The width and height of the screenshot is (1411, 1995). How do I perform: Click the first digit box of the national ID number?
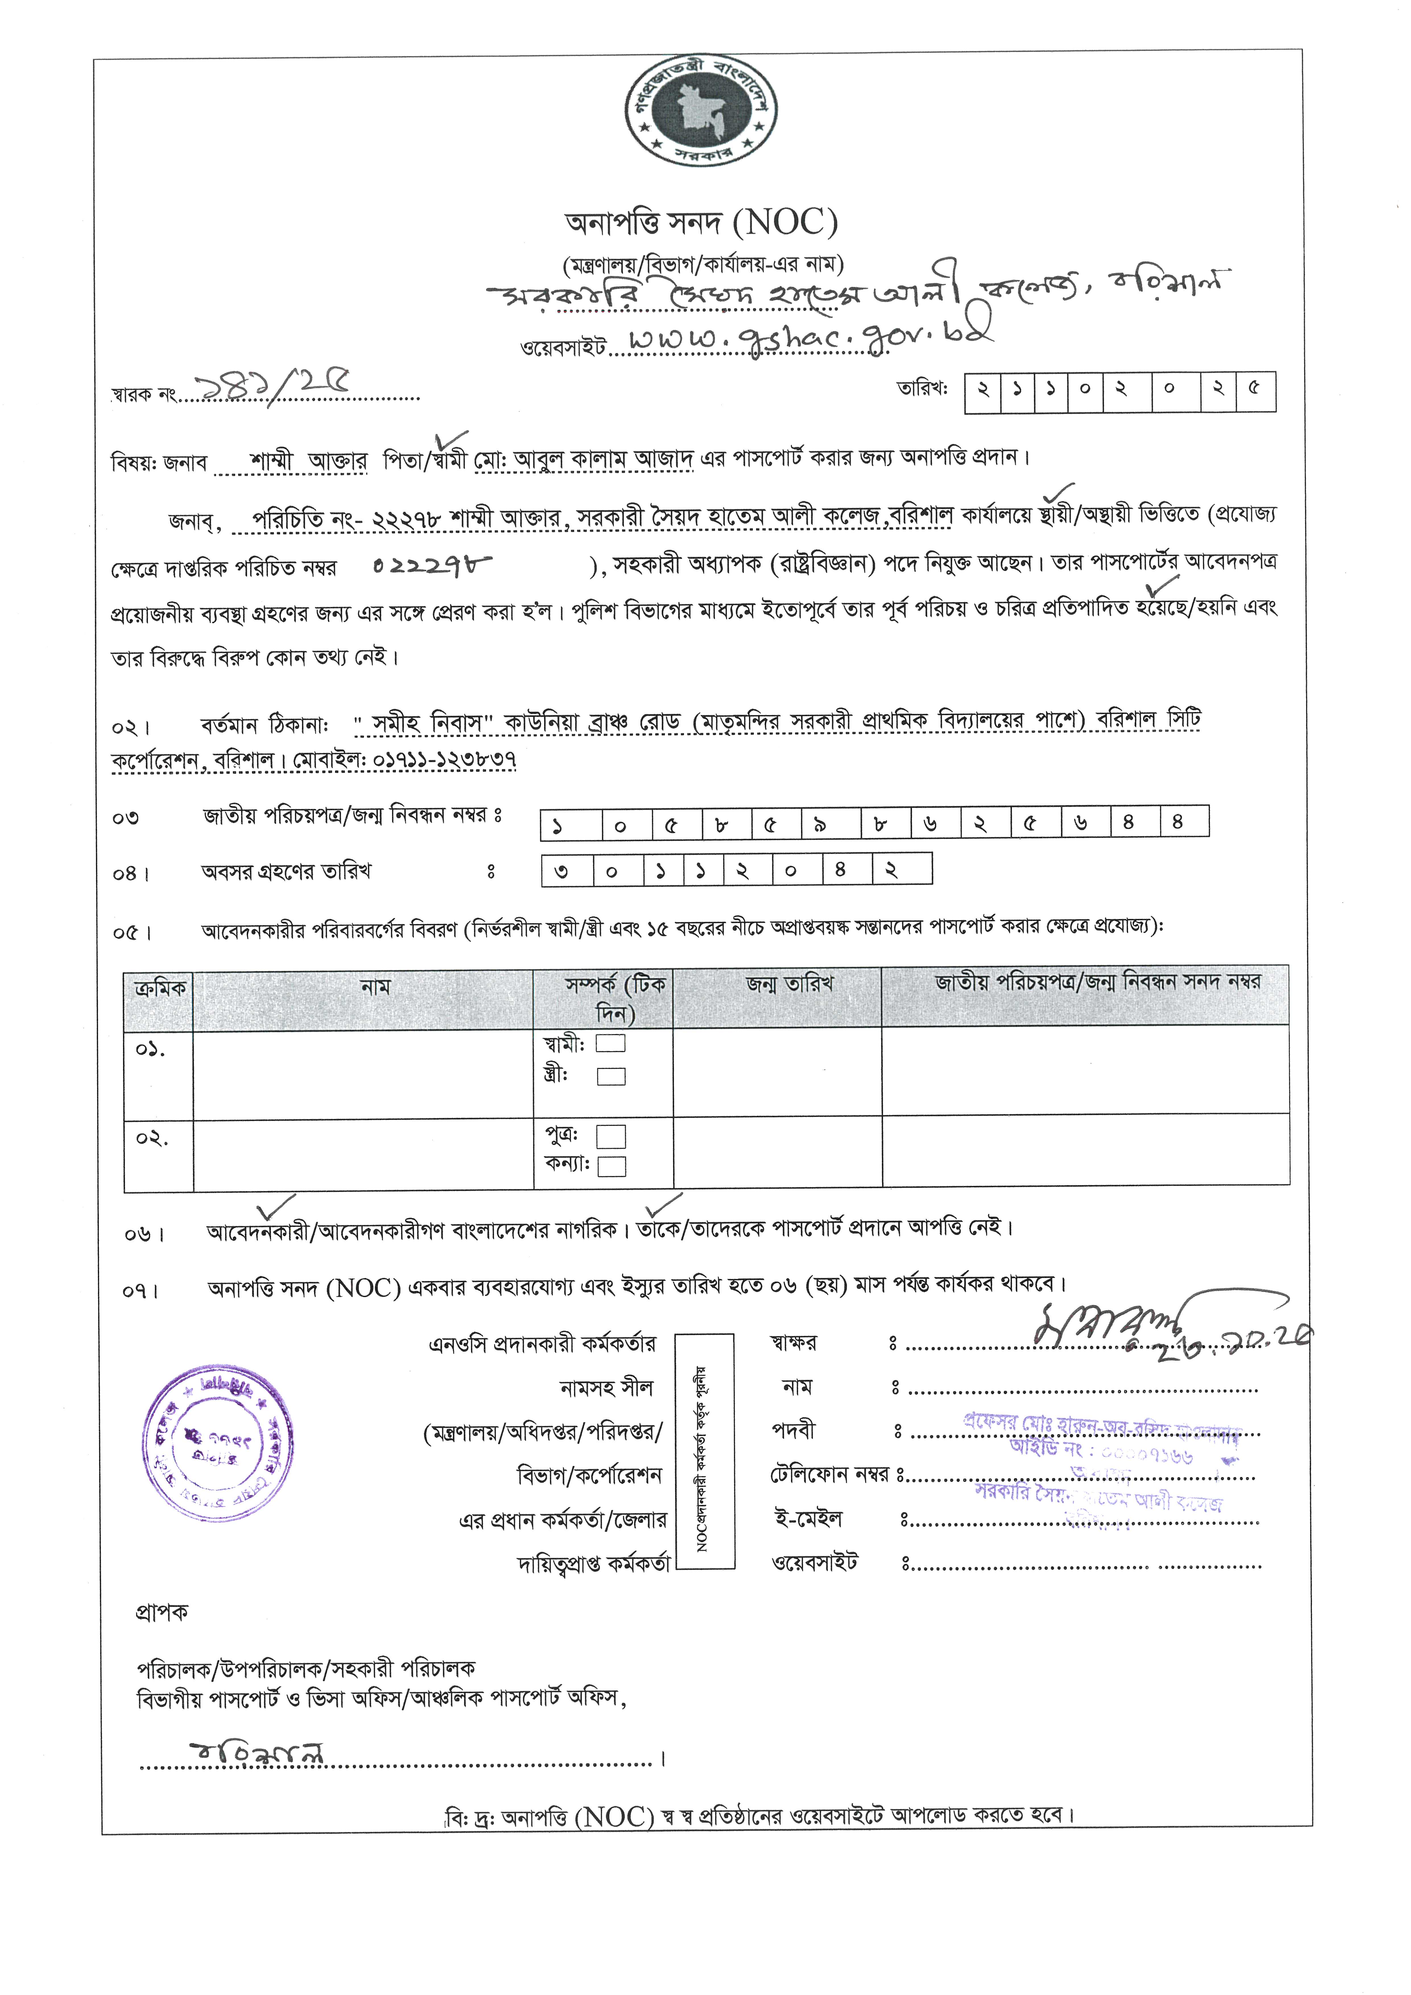571,824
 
